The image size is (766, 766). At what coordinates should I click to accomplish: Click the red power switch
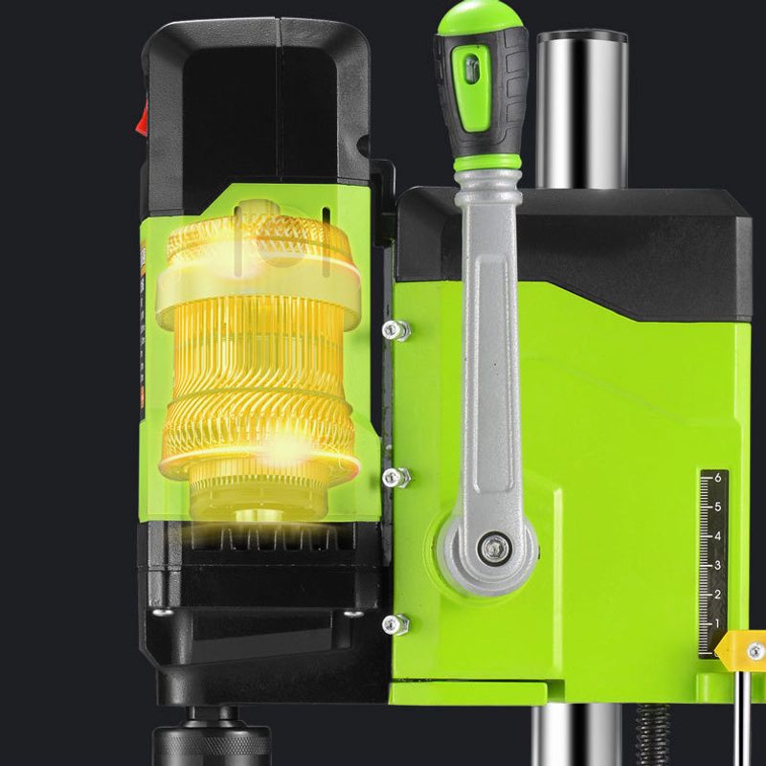(x=142, y=116)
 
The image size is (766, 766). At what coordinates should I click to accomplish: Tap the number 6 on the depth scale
(x=717, y=477)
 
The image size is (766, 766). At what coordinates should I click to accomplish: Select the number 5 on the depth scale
(x=717, y=507)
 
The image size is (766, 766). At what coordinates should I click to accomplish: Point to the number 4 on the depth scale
(x=717, y=536)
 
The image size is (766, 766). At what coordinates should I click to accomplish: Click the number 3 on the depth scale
(x=717, y=565)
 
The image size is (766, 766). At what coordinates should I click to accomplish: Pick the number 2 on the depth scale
(x=717, y=595)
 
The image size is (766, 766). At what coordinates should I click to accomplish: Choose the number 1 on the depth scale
(x=717, y=623)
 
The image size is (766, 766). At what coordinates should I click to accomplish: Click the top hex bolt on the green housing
(x=395, y=330)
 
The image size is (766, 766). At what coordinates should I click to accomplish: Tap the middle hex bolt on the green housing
(x=395, y=477)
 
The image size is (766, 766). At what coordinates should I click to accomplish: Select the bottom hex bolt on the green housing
(x=395, y=624)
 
